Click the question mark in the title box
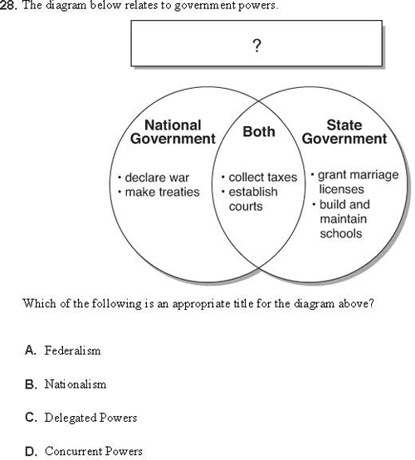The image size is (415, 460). (x=256, y=46)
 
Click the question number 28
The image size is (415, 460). (x=8, y=5)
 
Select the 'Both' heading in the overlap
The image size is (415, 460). (x=259, y=132)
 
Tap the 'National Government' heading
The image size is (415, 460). (x=173, y=132)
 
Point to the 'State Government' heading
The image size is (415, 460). (x=344, y=132)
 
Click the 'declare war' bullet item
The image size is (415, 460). (x=154, y=178)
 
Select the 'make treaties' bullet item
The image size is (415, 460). (x=159, y=192)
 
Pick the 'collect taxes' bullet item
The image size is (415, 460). (x=259, y=177)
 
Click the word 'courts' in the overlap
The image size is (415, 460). (x=246, y=206)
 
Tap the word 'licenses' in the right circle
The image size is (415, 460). (x=341, y=189)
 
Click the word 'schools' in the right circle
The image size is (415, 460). (x=341, y=233)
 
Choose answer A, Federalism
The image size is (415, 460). (x=63, y=350)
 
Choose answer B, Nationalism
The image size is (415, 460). (x=66, y=384)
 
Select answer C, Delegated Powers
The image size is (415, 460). (x=81, y=418)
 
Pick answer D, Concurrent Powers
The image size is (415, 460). (x=84, y=451)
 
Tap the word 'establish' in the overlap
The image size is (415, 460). (x=253, y=192)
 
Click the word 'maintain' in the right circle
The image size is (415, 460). (x=343, y=219)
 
